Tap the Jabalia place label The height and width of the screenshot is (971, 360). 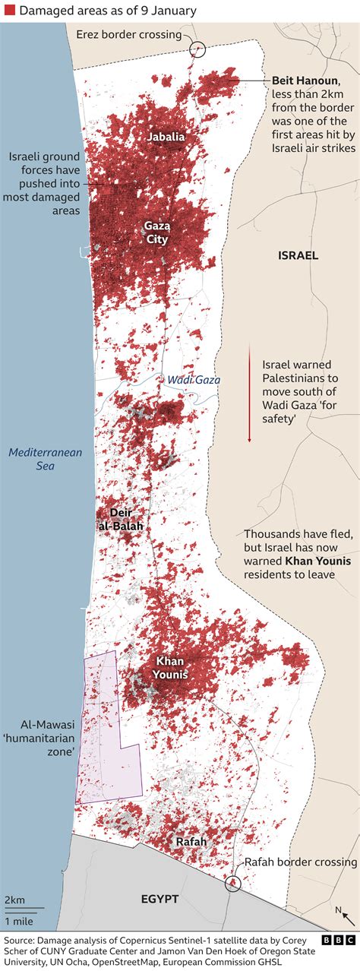click(166, 137)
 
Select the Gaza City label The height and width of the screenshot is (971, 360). click(157, 232)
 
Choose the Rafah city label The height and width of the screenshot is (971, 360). click(191, 842)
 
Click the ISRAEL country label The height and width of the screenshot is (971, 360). click(298, 255)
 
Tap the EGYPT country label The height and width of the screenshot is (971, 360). click(159, 899)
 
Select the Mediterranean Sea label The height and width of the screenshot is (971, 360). click(45, 459)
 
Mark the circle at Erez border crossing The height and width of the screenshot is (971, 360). click(197, 49)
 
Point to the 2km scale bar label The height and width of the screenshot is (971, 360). click(14, 900)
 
